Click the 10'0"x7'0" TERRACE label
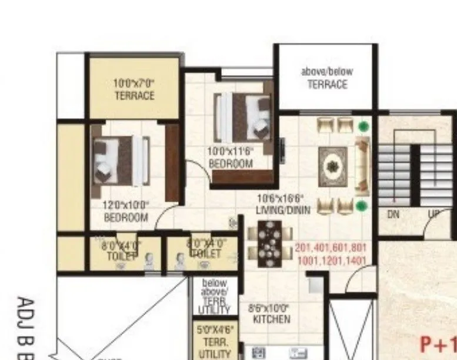(x=134, y=89)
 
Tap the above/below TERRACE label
(x=327, y=78)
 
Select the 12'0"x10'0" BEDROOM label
(x=126, y=211)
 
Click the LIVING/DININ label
(x=283, y=204)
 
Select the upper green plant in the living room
(x=365, y=126)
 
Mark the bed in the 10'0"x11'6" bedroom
(x=242, y=114)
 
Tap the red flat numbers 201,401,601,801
(x=331, y=248)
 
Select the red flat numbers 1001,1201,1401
(x=332, y=261)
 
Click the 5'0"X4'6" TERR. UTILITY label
(x=210, y=342)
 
